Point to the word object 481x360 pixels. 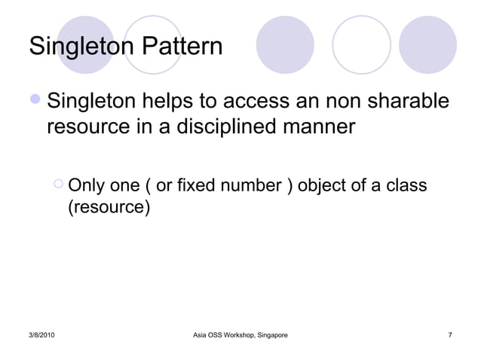point(325,185)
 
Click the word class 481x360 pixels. point(407,185)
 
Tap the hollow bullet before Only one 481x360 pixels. point(59,185)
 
